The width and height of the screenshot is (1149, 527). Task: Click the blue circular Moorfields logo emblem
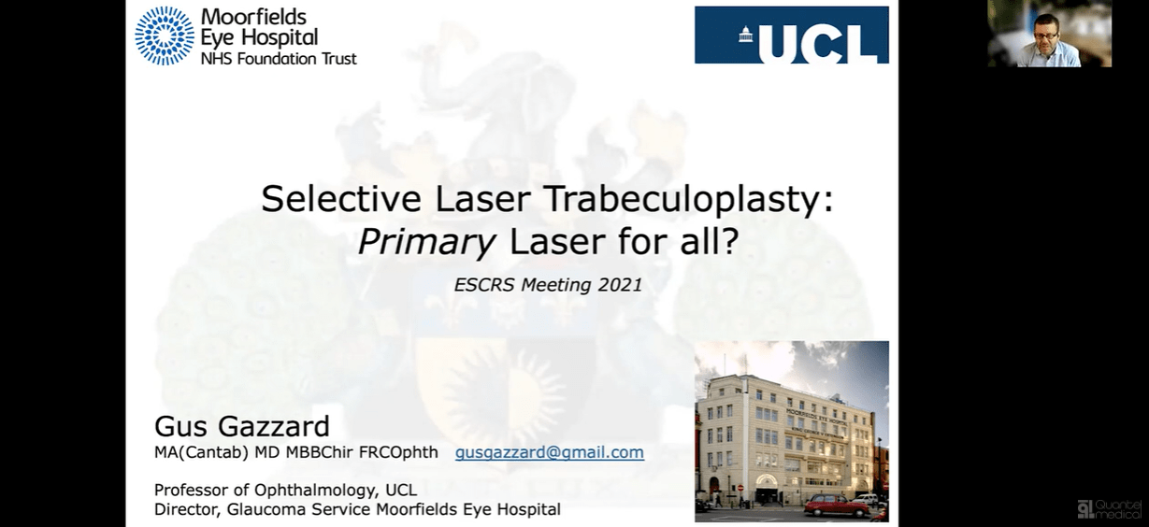click(165, 36)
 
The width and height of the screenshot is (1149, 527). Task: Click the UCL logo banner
click(791, 36)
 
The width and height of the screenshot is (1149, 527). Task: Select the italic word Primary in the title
click(426, 243)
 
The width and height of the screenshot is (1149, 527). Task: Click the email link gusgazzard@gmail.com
click(550, 452)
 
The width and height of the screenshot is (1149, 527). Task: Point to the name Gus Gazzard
click(242, 427)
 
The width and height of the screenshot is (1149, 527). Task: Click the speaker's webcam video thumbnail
click(1049, 35)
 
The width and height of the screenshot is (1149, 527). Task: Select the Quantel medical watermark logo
click(1109, 507)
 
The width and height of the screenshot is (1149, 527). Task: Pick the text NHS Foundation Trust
click(279, 58)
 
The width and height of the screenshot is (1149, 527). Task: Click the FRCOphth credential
click(398, 453)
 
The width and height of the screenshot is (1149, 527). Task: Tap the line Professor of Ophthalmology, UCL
click(285, 490)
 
